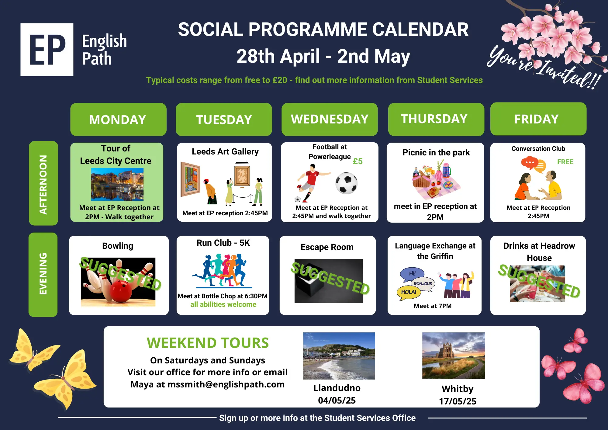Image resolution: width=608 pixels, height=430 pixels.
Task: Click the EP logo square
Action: (x=47, y=50)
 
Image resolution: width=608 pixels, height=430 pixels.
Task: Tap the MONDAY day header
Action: (x=118, y=120)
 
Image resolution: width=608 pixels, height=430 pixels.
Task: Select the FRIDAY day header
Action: (x=538, y=119)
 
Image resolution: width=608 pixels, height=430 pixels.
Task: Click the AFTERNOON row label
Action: (x=43, y=183)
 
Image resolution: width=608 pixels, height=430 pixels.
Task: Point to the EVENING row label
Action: (x=43, y=275)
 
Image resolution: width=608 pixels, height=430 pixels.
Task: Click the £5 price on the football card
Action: (x=358, y=161)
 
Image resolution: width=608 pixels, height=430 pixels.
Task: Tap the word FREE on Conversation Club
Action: (x=565, y=162)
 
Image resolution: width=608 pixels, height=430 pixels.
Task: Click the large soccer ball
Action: (x=347, y=183)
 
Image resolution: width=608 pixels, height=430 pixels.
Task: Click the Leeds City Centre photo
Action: (x=117, y=184)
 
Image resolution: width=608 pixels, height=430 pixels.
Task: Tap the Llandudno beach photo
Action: (x=339, y=356)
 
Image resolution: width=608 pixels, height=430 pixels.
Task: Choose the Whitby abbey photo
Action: (x=454, y=355)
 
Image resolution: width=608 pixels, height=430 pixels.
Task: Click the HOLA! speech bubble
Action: (x=409, y=293)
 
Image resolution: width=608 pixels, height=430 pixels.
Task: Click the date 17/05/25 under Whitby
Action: (x=458, y=401)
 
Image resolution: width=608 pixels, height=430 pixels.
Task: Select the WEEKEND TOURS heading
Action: (x=208, y=343)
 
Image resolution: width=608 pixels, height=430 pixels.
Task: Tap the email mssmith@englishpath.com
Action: (x=226, y=384)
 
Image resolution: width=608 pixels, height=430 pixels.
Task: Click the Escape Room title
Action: (x=327, y=247)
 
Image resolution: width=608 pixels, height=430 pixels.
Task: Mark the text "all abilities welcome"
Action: (x=223, y=304)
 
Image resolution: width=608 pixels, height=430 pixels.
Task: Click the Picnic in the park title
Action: (x=436, y=152)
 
